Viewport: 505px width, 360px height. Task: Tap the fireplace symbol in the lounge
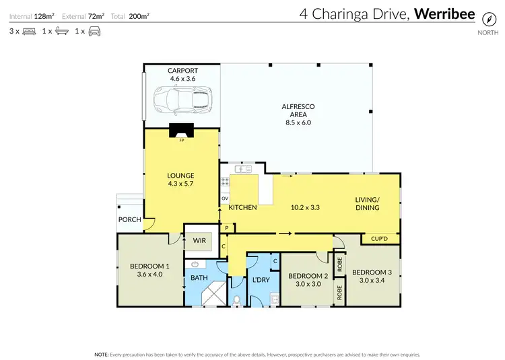pyautogui.click(x=180, y=131)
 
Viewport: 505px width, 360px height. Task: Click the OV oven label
pyautogui.click(x=225, y=199)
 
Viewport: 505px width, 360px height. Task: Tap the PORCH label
pyautogui.click(x=129, y=219)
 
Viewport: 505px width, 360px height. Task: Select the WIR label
pyautogui.click(x=199, y=240)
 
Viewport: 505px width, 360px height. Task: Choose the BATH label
pyautogui.click(x=199, y=277)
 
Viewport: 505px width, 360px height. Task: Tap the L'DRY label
pyautogui.click(x=261, y=279)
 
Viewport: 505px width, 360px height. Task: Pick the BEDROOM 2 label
pyautogui.click(x=308, y=275)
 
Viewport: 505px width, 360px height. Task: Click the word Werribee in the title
pyautogui.click(x=445, y=14)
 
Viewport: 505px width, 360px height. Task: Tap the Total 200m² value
pyautogui.click(x=139, y=15)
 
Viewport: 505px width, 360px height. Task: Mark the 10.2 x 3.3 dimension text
pyautogui.click(x=304, y=207)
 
